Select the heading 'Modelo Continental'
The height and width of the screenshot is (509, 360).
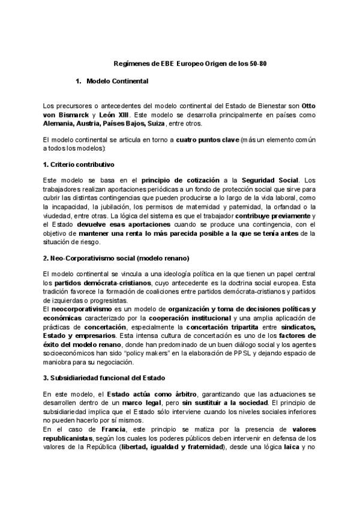[117, 80]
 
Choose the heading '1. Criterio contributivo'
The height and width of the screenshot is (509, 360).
[79, 164]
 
